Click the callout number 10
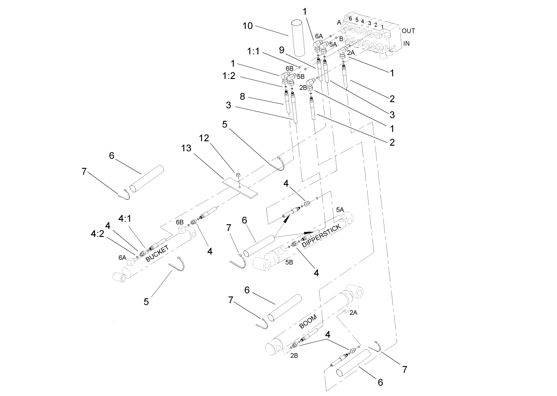click(x=248, y=26)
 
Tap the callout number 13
click(x=186, y=148)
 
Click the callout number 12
click(x=204, y=138)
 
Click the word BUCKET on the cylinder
click(x=157, y=253)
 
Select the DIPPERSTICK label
click(x=322, y=236)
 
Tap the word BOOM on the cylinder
click(x=308, y=321)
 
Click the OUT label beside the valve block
click(x=408, y=31)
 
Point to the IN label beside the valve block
click(x=406, y=43)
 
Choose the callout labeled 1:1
click(x=253, y=51)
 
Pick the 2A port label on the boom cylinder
click(x=353, y=313)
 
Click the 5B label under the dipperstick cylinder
click(x=289, y=262)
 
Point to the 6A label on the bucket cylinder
click(x=122, y=258)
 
